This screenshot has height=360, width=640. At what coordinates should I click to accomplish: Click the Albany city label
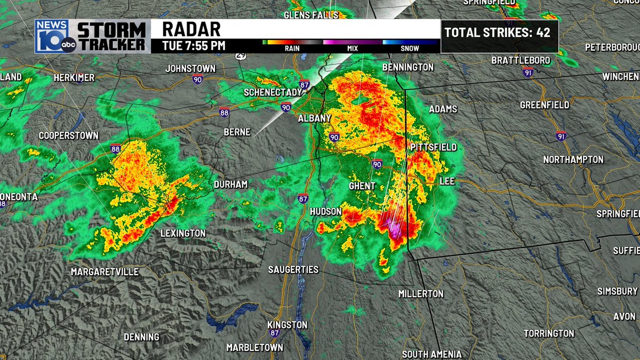coord(315,118)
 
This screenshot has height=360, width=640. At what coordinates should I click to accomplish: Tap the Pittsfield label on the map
coord(433,147)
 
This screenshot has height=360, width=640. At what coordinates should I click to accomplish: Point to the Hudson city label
coord(326,212)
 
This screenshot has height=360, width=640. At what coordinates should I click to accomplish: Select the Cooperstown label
coord(69,136)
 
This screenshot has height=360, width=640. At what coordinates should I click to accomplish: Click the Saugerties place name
coord(293,270)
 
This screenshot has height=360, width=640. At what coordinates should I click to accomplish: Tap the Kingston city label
coord(287,325)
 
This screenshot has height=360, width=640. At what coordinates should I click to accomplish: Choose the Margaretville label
coord(105,272)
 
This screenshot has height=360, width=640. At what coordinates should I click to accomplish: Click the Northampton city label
coord(573,159)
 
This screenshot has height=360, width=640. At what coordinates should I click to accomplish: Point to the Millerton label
coord(421,294)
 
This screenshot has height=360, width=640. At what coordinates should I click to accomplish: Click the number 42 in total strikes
coord(543,33)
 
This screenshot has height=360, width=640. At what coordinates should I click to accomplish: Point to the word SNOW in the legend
coord(410,49)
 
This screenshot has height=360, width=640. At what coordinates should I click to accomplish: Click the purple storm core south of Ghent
coord(394,229)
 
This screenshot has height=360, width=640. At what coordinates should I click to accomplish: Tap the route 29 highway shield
coord(242,55)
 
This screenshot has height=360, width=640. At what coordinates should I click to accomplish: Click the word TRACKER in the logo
coord(111,44)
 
